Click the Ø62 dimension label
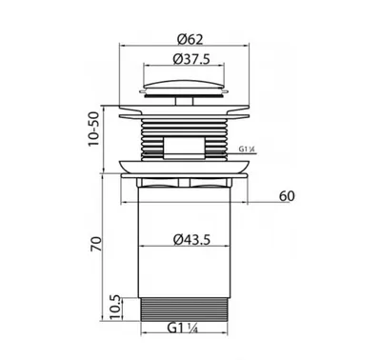(190, 39)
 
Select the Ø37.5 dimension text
(191, 59)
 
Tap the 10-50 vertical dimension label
(94, 130)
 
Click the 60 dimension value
(287, 196)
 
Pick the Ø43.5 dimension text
(191, 240)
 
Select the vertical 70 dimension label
(96, 244)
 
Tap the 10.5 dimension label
(116, 308)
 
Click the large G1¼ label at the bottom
(183, 328)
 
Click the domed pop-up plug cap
(184, 86)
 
